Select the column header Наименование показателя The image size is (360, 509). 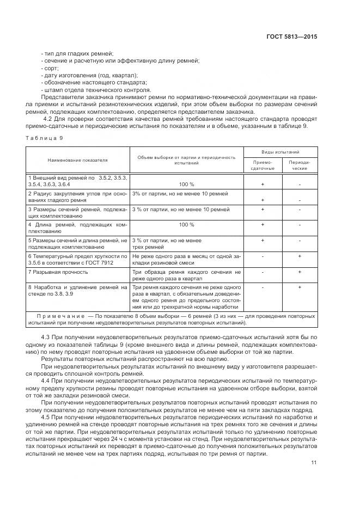click(x=77, y=161)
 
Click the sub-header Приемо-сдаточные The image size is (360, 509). click(x=263, y=165)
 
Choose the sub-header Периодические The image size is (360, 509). click(x=300, y=165)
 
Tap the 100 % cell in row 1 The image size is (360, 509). click(x=186, y=184)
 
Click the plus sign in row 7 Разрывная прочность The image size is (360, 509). click(x=300, y=271)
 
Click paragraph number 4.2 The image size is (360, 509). click(x=47, y=119)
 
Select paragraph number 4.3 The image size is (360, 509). click(x=46, y=338)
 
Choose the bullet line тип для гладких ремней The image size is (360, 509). click(x=77, y=53)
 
